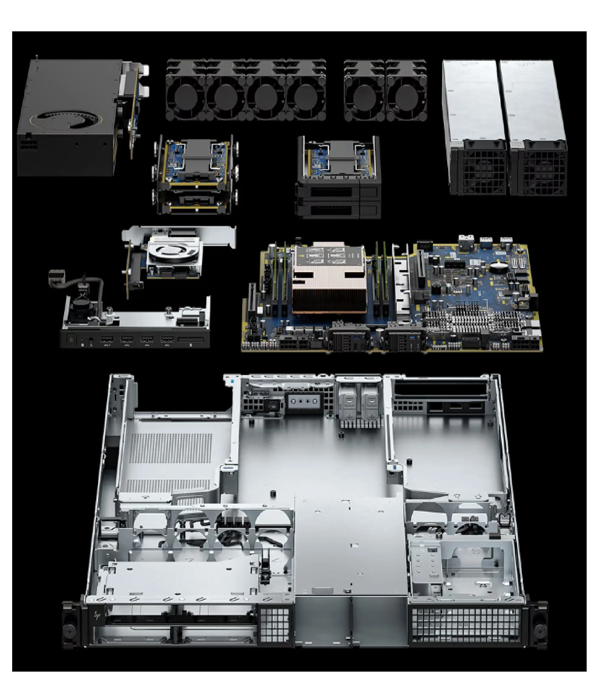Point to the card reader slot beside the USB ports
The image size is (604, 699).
[190, 339]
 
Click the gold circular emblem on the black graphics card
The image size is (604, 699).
[66, 120]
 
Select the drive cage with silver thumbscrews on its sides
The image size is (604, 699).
[196, 174]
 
